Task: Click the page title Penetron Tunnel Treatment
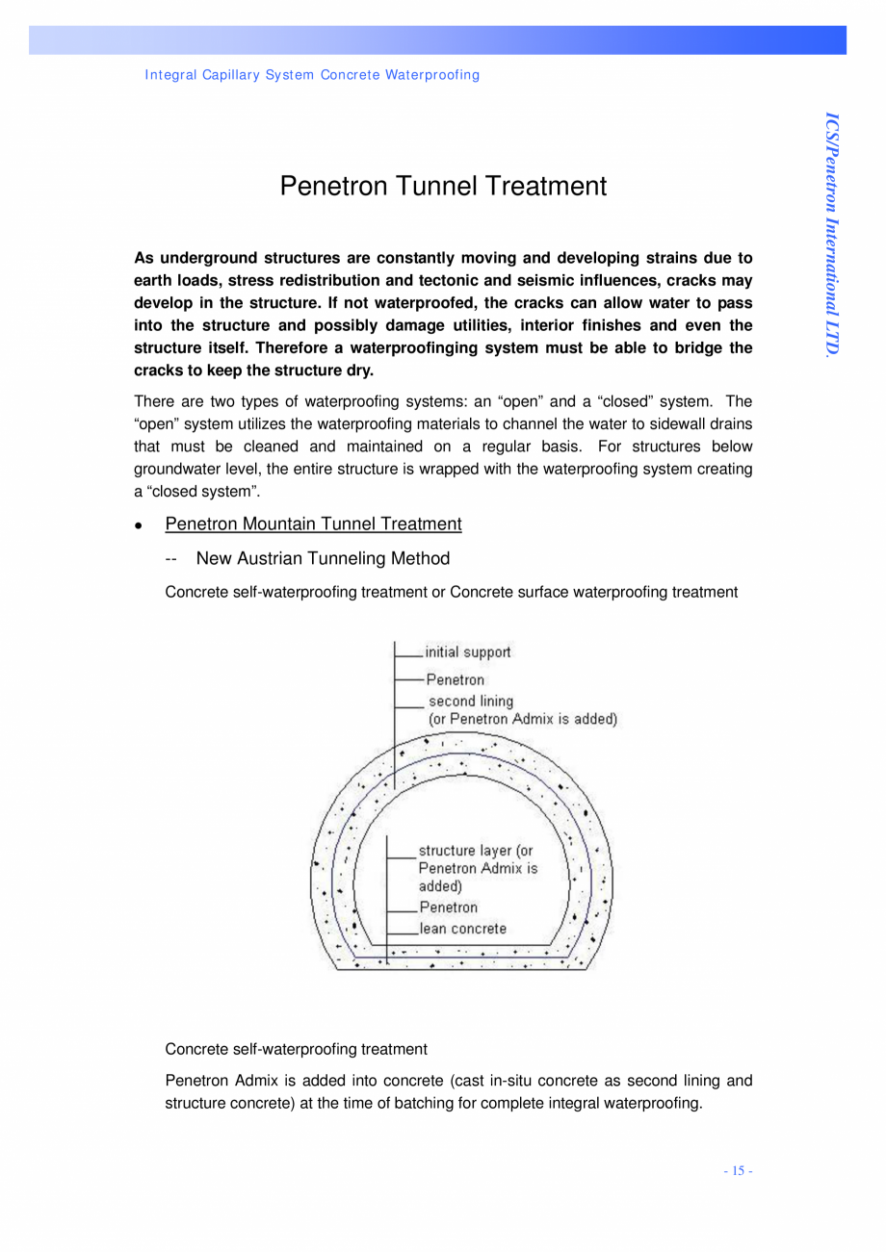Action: pyautogui.click(x=443, y=186)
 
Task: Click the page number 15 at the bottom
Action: pyautogui.click(x=738, y=1171)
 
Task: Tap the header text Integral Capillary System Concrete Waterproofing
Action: pyautogui.click(x=312, y=75)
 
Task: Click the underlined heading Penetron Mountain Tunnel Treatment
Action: pyautogui.click(x=313, y=524)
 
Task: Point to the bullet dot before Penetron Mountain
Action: pyautogui.click(x=139, y=526)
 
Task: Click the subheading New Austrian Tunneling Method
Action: pyautogui.click(x=322, y=559)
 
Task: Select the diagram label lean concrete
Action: pyautogui.click(x=462, y=929)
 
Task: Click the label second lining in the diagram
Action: pyautogui.click(x=470, y=701)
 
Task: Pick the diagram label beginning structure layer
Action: pyautogui.click(x=475, y=851)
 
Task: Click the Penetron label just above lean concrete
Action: pyautogui.click(x=448, y=907)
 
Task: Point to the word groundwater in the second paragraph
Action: pyautogui.click(x=176, y=470)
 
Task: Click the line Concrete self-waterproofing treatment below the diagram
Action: pyautogui.click(x=296, y=1049)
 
